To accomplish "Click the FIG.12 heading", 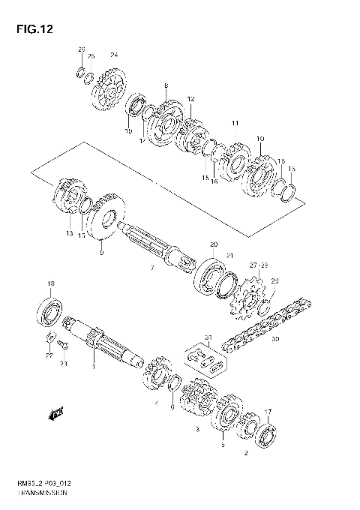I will point(29,29).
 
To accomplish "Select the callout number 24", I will point(114,55).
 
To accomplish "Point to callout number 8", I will point(166,85).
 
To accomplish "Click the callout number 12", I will point(191,98).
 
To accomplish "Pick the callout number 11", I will point(235,123).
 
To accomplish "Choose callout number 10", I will point(260,139).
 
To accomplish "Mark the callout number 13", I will point(70,234).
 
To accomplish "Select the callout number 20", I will point(213,244).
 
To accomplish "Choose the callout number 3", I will point(196,430).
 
